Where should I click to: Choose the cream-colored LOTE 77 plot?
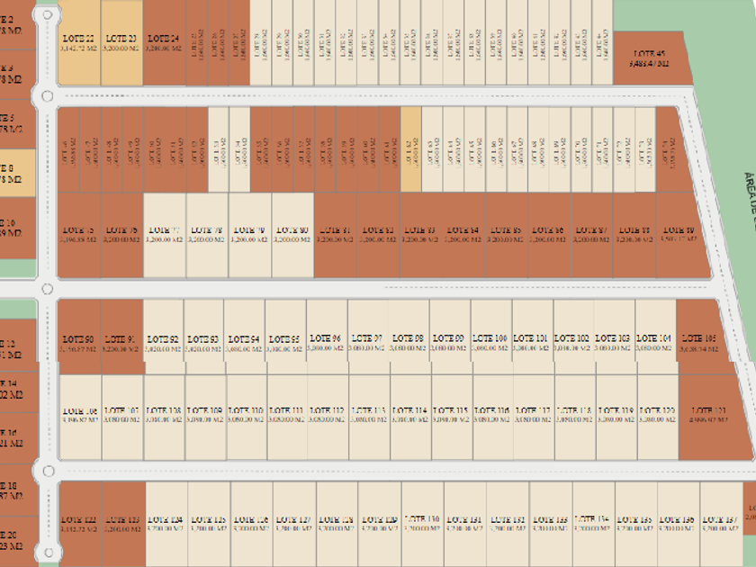click(164, 235)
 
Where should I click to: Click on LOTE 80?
click(292, 235)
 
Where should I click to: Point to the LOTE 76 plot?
click(121, 235)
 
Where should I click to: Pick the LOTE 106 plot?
click(81, 415)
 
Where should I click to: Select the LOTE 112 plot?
click(327, 415)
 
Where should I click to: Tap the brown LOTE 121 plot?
click(710, 415)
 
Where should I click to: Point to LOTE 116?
click(493, 415)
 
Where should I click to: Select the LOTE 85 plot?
click(505, 235)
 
